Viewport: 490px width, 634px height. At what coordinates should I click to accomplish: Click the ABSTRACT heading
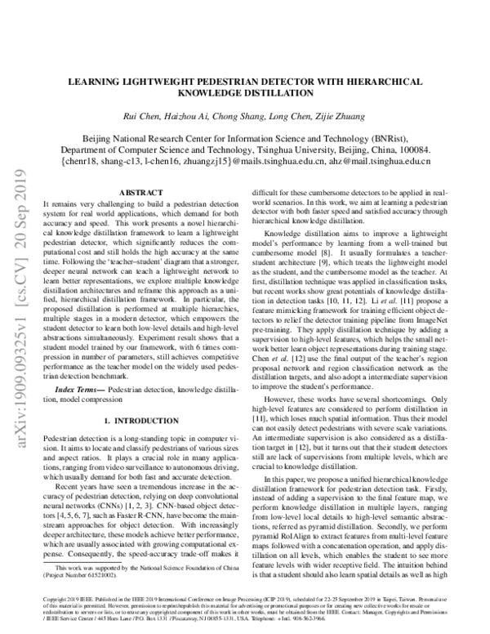point(140,193)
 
